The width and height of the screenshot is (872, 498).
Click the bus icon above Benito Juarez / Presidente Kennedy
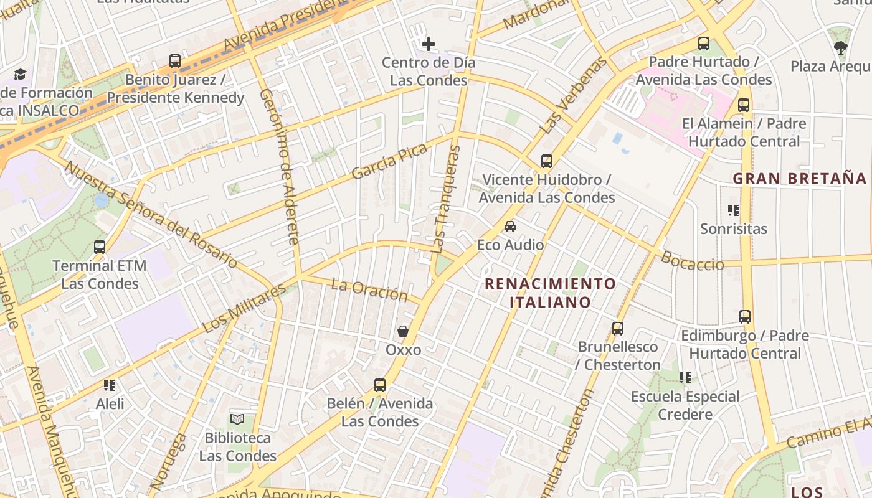(175, 61)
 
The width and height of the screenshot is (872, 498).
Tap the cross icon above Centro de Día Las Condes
(429, 44)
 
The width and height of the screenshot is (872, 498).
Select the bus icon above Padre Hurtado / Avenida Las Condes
(704, 44)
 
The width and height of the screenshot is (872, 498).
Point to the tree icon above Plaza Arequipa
(841, 47)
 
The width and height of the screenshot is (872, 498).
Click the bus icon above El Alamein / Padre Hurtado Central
(744, 105)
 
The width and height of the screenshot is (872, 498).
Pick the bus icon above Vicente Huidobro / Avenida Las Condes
(547, 161)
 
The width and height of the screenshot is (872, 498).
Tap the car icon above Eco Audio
(510, 227)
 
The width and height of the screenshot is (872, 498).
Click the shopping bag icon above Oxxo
(403, 331)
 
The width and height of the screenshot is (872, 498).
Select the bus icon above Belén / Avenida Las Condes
(380, 385)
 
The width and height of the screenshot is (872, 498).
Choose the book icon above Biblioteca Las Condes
(237, 420)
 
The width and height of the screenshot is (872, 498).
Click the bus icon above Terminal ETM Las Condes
(99, 247)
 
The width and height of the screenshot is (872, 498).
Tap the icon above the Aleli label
(110, 385)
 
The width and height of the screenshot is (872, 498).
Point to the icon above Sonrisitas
(734, 210)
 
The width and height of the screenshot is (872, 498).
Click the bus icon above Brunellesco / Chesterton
(618, 328)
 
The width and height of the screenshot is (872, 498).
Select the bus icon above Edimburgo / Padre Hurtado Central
(745, 317)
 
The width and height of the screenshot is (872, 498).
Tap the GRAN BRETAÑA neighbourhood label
(800, 179)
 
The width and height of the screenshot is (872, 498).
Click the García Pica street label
(389, 161)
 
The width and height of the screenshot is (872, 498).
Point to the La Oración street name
(369, 289)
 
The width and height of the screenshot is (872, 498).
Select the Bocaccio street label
(693, 261)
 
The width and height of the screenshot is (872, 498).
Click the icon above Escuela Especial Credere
(685, 378)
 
